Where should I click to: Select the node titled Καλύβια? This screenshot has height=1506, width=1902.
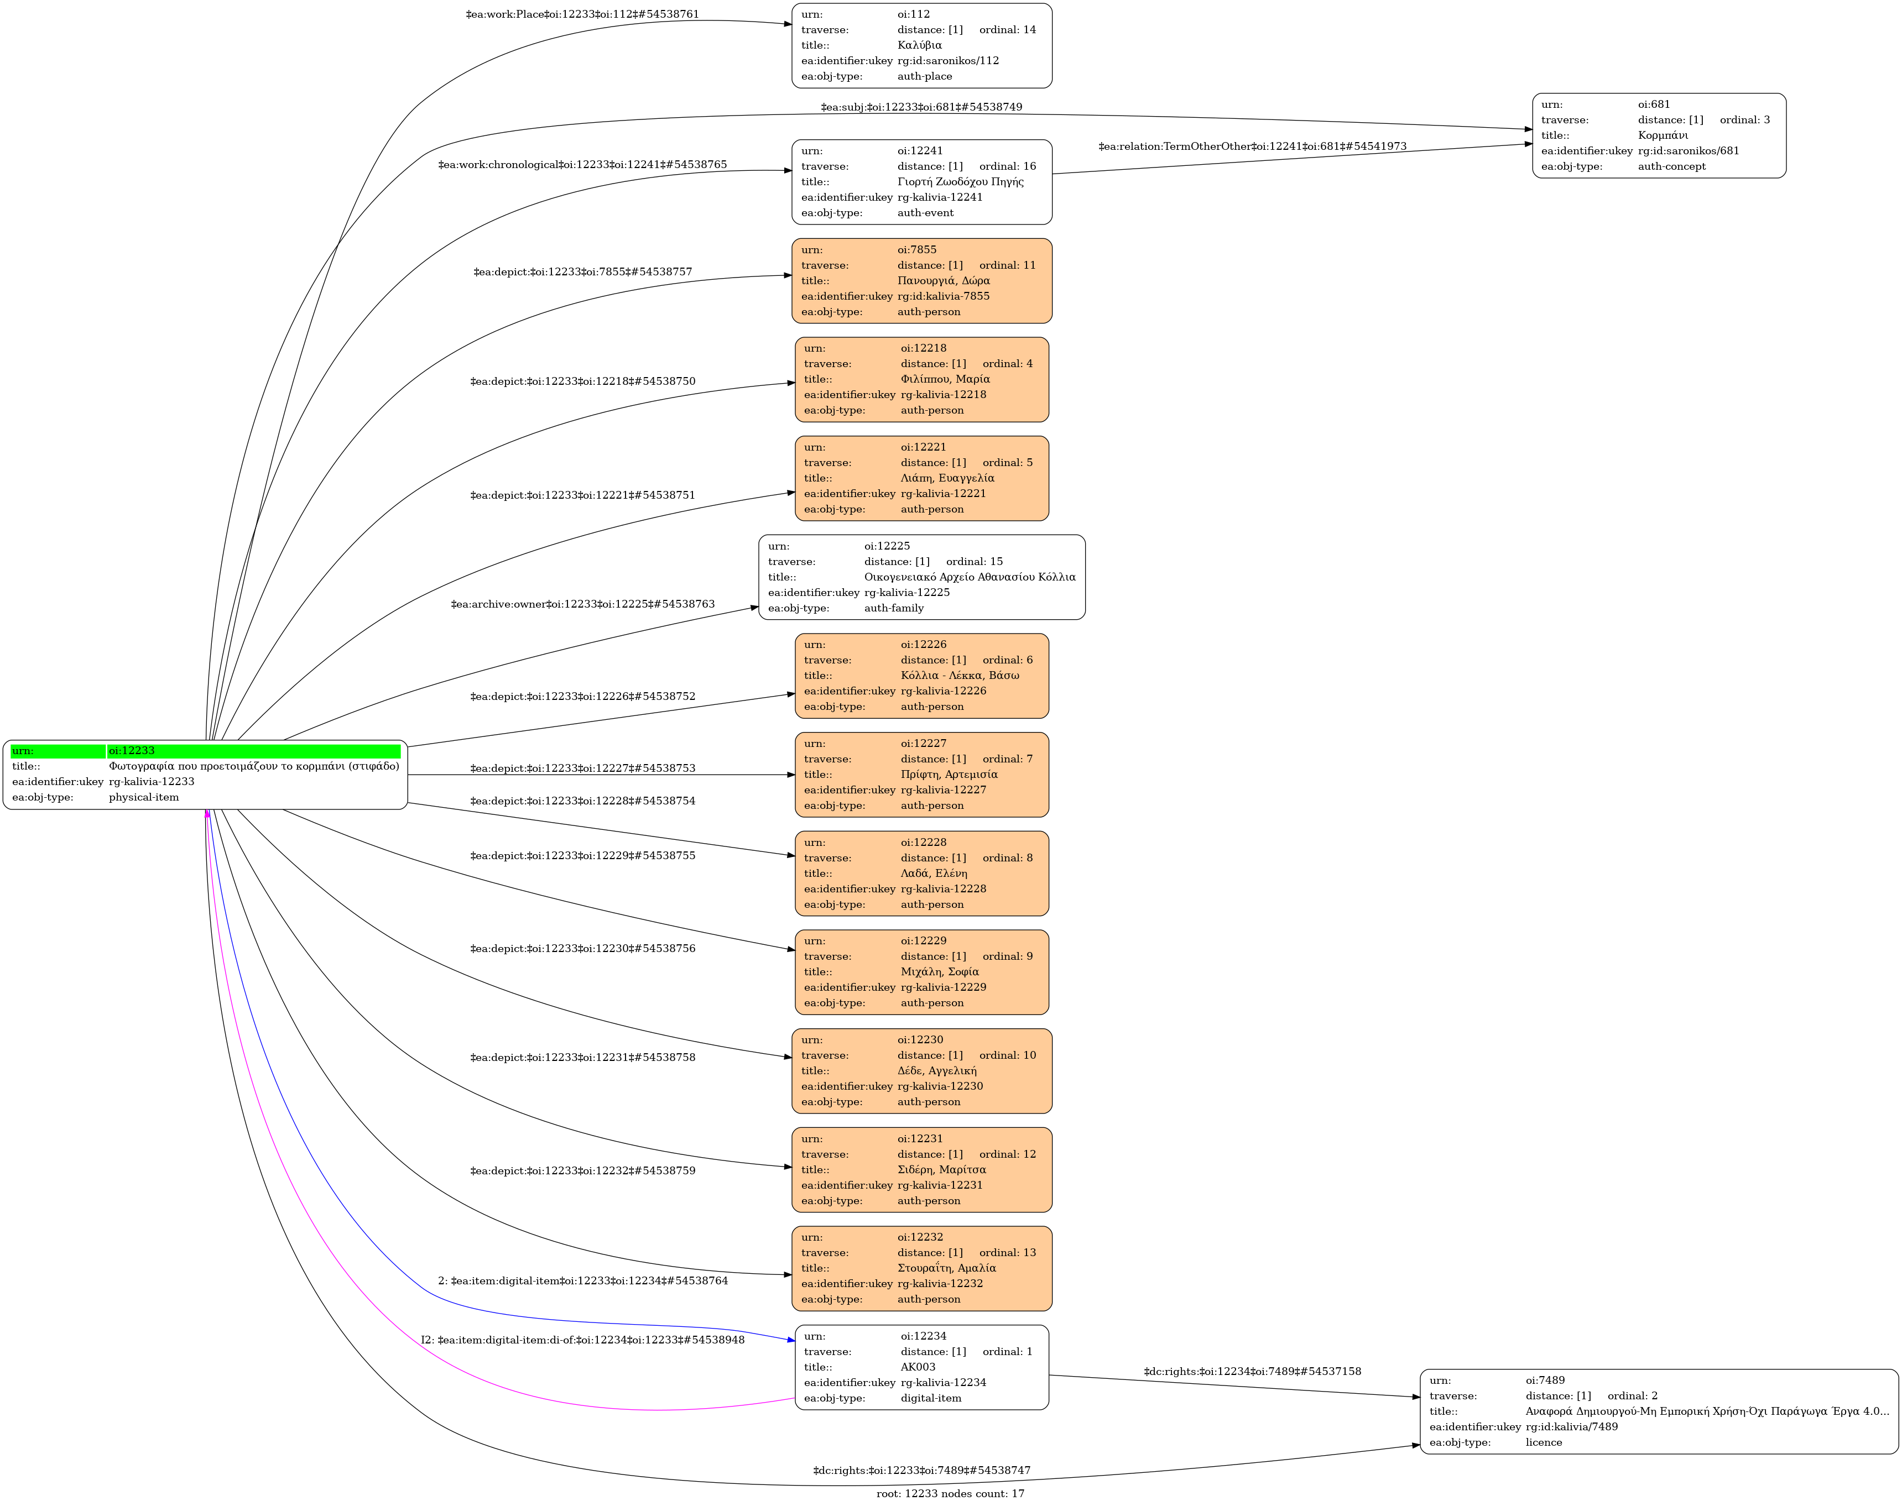point(922,46)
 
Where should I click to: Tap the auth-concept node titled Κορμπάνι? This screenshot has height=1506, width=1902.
point(1659,136)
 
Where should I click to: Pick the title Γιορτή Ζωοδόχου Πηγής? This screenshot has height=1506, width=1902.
point(961,182)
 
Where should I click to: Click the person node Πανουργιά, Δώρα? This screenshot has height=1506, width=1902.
point(922,280)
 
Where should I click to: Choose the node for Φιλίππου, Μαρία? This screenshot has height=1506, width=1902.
point(922,379)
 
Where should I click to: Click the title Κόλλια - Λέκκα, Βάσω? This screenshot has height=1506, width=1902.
point(960,676)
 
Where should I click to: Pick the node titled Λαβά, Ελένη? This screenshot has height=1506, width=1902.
point(922,874)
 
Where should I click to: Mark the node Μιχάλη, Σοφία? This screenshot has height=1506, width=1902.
point(922,972)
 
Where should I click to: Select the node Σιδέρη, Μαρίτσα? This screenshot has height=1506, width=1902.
point(922,1170)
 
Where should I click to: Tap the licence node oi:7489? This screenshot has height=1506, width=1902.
point(1659,1411)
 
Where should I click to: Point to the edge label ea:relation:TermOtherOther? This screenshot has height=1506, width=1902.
point(1252,147)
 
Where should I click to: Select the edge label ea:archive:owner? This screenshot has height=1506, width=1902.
point(582,604)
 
